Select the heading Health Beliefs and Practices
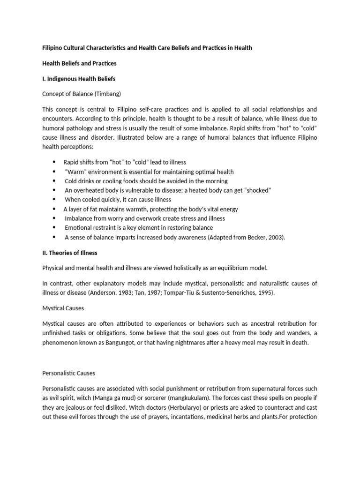click(x=79, y=63)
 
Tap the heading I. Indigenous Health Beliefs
click(x=76, y=79)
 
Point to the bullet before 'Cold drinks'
click(x=55, y=181)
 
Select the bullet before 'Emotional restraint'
click(x=55, y=227)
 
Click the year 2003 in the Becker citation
click(x=275, y=237)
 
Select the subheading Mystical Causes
click(x=63, y=308)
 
